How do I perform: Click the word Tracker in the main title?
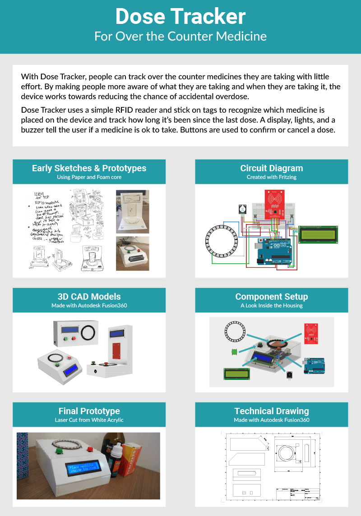click(x=213, y=17)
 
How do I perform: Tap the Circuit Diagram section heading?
click(x=272, y=168)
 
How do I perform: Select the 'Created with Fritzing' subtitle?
click(x=272, y=177)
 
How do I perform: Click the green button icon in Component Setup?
click(x=234, y=351)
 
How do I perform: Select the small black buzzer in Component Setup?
click(x=288, y=374)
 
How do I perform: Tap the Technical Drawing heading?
click(x=272, y=411)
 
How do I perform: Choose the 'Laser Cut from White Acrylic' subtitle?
click(x=89, y=420)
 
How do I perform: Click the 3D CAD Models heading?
click(x=89, y=297)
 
